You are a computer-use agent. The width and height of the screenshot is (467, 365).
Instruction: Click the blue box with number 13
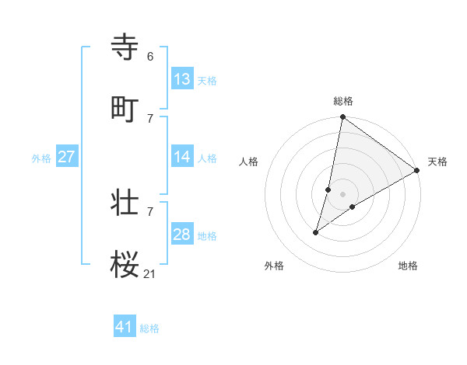click(182, 79)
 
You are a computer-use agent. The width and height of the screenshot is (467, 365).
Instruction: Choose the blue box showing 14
click(182, 157)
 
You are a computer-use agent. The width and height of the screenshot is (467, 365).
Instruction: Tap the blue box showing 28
click(182, 235)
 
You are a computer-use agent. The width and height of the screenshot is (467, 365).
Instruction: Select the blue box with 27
click(67, 157)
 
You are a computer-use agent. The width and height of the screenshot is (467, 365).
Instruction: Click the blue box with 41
click(125, 328)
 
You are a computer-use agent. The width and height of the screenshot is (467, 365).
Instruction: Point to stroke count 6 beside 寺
click(150, 57)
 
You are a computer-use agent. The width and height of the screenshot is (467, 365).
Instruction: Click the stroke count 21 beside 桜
click(150, 273)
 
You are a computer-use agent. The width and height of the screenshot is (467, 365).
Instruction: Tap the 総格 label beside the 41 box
click(149, 328)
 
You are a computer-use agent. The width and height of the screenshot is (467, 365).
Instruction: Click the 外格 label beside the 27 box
click(41, 158)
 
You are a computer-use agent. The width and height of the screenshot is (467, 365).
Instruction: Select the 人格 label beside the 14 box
click(207, 158)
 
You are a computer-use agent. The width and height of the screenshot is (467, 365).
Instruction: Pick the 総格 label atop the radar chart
click(343, 101)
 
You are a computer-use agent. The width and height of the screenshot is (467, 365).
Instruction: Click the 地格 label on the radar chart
click(408, 266)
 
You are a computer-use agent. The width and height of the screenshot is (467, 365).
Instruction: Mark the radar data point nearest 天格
click(417, 171)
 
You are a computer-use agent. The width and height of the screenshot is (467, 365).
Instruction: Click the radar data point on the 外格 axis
click(316, 232)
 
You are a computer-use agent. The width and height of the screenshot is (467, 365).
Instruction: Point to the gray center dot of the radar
click(343, 194)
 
